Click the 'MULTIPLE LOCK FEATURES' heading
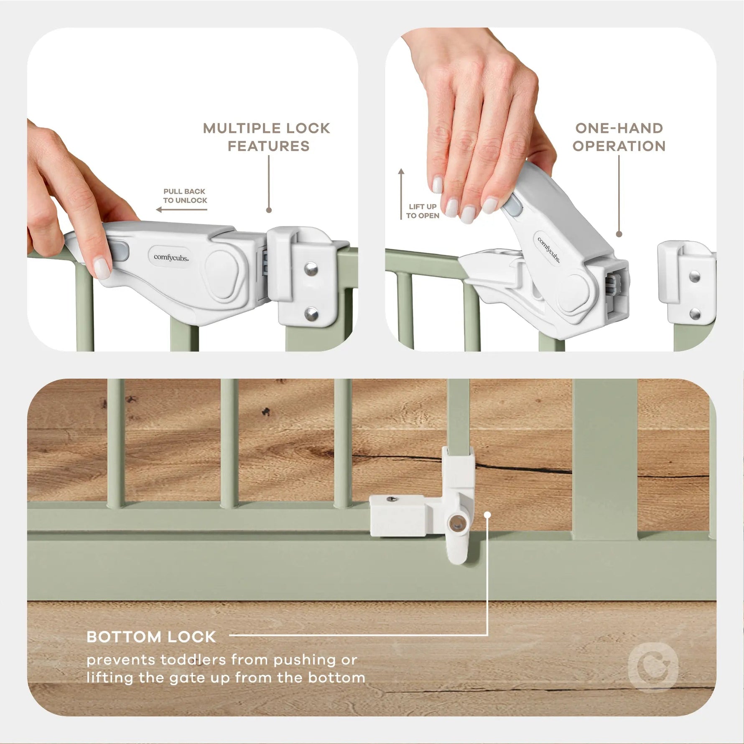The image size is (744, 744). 267,137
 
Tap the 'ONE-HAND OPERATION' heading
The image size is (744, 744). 619,137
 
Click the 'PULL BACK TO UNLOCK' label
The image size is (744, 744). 185,196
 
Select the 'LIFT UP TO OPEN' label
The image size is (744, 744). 423,211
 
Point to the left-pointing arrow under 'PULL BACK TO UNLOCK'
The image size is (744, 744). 181,209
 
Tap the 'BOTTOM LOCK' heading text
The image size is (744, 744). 151,637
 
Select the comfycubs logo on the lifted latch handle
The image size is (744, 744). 549,250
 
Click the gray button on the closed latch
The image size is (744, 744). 121,252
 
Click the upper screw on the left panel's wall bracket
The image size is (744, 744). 310,268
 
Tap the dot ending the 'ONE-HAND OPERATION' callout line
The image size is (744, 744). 619,234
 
